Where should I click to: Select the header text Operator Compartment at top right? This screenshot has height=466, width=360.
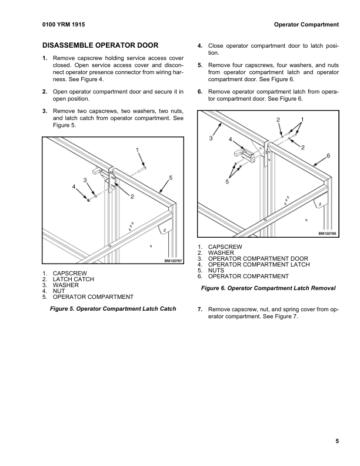click(306, 25)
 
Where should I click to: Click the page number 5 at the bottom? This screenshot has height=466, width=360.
click(337, 442)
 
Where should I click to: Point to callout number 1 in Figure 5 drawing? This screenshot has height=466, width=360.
click(138, 151)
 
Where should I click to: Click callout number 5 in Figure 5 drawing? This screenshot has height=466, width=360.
click(171, 177)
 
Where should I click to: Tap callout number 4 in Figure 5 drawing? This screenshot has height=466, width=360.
click(74, 187)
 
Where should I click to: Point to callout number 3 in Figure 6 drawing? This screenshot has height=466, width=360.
click(210, 138)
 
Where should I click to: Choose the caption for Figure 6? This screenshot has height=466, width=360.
click(268, 288)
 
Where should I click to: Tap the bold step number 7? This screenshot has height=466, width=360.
click(200, 309)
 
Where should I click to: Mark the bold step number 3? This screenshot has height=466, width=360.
click(45, 111)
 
